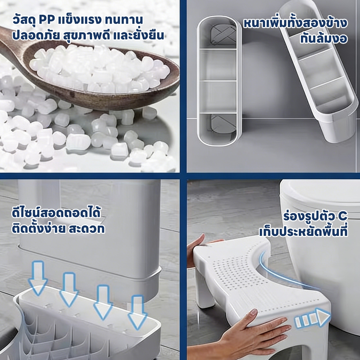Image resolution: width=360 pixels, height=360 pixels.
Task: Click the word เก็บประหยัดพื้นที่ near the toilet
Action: [x=303, y=231]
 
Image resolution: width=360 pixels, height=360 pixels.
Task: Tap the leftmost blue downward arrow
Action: [x=38, y=278]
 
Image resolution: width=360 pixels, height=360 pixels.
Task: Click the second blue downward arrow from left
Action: [x=69, y=290]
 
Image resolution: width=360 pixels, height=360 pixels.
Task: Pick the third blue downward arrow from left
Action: [x=103, y=302]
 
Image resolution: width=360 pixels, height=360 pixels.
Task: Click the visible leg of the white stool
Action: [x=205, y=291]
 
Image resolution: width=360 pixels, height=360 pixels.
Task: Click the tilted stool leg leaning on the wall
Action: [x=319, y=71]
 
